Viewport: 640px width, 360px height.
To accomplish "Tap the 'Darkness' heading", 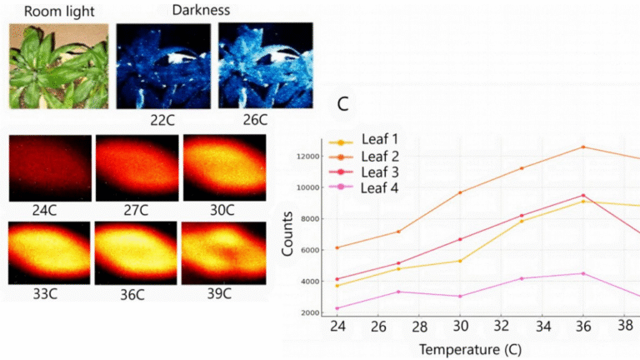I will tap(200, 10).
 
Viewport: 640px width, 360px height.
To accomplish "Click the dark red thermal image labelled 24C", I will tap(49, 167).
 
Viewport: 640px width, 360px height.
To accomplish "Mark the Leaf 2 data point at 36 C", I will tap(583, 147).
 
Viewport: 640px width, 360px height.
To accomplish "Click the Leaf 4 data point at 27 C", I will tap(398, 292).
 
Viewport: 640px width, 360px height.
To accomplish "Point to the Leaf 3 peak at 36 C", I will tap(583, 195).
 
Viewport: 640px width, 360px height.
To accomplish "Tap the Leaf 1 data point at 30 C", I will tap(460, 261).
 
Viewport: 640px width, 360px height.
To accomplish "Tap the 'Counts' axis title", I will tap(286, 238).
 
